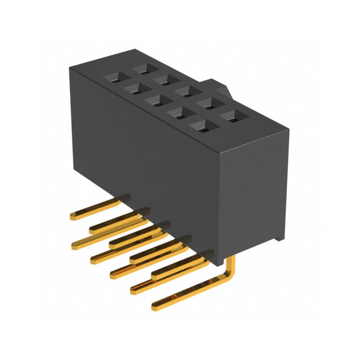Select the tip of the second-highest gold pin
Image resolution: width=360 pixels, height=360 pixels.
pyautogui.click(x=93, y=230)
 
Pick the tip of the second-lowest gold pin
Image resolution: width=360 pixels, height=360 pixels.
pyautogui.click(x=134, y=290)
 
